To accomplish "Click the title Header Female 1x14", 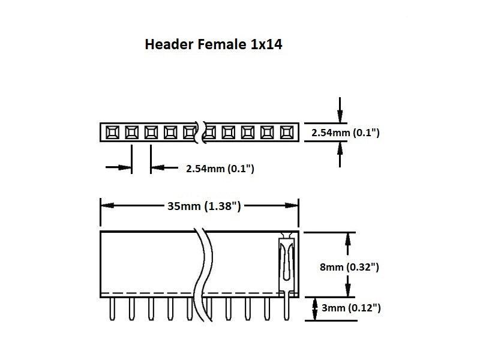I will point(213,44).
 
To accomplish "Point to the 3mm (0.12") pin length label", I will point(351,308).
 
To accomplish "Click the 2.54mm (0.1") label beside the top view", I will point(346,132).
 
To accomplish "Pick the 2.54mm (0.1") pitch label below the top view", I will point(220,169).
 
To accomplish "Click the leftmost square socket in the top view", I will point(112,131).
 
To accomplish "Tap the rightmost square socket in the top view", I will point(286,131).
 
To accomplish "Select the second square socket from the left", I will point(131,131).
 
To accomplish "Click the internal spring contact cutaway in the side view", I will point(286,261).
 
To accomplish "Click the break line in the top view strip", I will point(201,132).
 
